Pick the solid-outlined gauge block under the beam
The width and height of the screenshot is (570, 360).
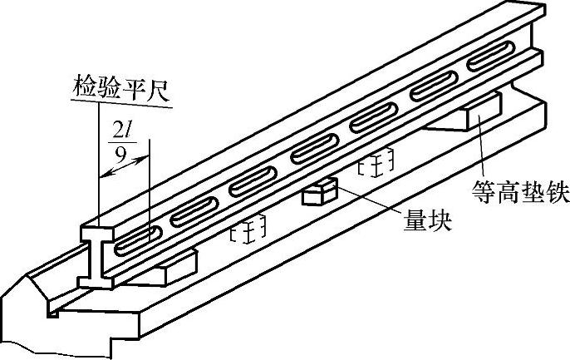(x=317, y=193)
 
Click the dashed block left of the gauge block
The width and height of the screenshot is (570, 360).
(x=247, y=229)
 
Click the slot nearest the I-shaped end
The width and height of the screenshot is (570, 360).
(x=135, y=241)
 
